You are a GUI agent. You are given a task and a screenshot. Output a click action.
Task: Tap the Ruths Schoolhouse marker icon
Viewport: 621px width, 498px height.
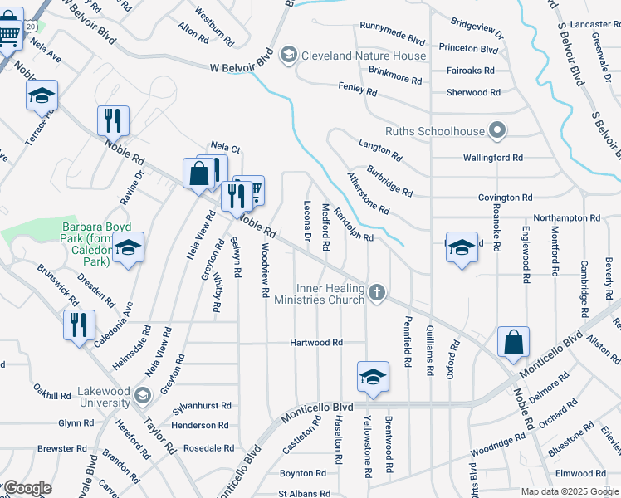pos(497,129)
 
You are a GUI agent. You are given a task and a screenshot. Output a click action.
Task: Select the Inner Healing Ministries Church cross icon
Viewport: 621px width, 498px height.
pos(377,293)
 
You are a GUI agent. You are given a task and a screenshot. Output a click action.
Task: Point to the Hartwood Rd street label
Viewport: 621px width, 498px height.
pos(315,342)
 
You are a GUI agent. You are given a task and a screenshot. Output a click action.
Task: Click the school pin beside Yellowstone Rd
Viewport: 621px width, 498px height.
pos(374,377)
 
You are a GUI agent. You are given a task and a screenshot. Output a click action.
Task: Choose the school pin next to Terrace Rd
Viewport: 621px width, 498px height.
pos(42,97)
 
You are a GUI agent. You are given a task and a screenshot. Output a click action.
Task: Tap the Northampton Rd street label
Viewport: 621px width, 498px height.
pos(566,217)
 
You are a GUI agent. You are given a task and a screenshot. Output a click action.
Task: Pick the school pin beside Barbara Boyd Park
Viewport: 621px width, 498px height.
pos(128,249)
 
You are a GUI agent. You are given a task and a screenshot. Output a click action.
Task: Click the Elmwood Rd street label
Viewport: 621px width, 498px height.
pos(581,473)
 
